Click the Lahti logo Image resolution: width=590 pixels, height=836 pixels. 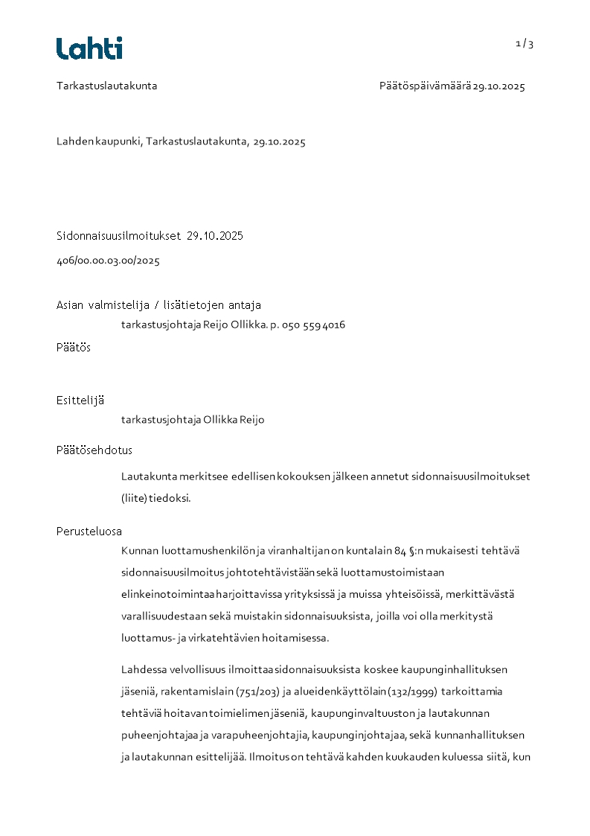pyautogui.click(x=89, y=48)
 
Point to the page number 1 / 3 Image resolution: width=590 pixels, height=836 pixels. pyautogui.click(x=525, y=44)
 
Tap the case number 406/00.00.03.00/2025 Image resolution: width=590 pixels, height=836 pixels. pyautogui.click(x=108, y=261)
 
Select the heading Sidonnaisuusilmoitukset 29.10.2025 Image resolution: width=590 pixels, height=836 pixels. pyautogui.click(x=150, y=236)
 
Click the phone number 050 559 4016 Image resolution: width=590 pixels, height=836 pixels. pyautogui.click(x=313, y=325)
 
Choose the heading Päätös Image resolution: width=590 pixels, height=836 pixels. pyautogui.click(x=74, y=348)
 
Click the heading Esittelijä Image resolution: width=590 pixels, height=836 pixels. pyautogui.click(x=80, y=401)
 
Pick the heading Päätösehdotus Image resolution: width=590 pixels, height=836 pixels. pyautogui.click(x=94, y=450)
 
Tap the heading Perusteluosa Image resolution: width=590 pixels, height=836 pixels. pyautogui.click(x=89, y=532)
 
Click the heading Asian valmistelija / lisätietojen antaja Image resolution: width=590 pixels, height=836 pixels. pyautogui.click(x=158, y=305)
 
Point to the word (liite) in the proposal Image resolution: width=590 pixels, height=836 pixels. pyautogui.click(x=135, y=499)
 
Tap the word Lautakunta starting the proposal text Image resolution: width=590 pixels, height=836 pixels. pyautogui.click(x=147, y=476)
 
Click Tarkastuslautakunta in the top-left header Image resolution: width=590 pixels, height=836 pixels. pyautogui.click(x=106, y=86)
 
